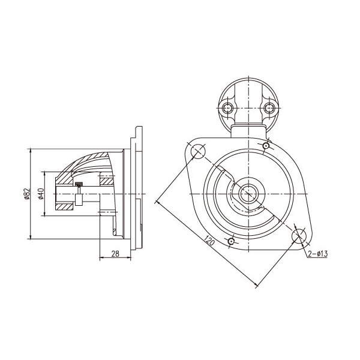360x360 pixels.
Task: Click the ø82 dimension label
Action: click(27, 194)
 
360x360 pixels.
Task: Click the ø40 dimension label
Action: click(41, 194)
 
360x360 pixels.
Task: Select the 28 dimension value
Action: click(115, 254)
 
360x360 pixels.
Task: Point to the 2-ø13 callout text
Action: click(318, 254)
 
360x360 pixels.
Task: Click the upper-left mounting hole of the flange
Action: click(198, 151)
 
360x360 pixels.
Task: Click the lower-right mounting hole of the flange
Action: click(299, 236)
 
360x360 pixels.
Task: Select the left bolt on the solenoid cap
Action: click(227, 108)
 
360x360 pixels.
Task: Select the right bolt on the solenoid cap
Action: click(269, 108)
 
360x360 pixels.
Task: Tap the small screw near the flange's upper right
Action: click(266, 146)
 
